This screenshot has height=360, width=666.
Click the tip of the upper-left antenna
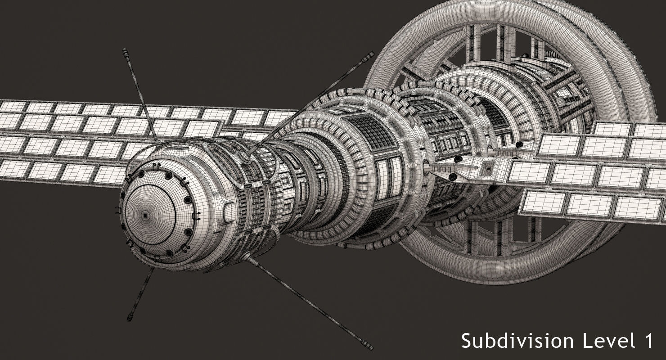[125, 51]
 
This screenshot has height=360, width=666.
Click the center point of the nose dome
[145, 216]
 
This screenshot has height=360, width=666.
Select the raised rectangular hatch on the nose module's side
[229, 211]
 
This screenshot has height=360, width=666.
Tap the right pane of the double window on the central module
[396, 176]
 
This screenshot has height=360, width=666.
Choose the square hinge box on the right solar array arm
[486, 167]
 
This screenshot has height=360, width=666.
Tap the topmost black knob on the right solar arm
[519, 144]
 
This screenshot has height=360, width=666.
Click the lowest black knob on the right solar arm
[454, 179]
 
